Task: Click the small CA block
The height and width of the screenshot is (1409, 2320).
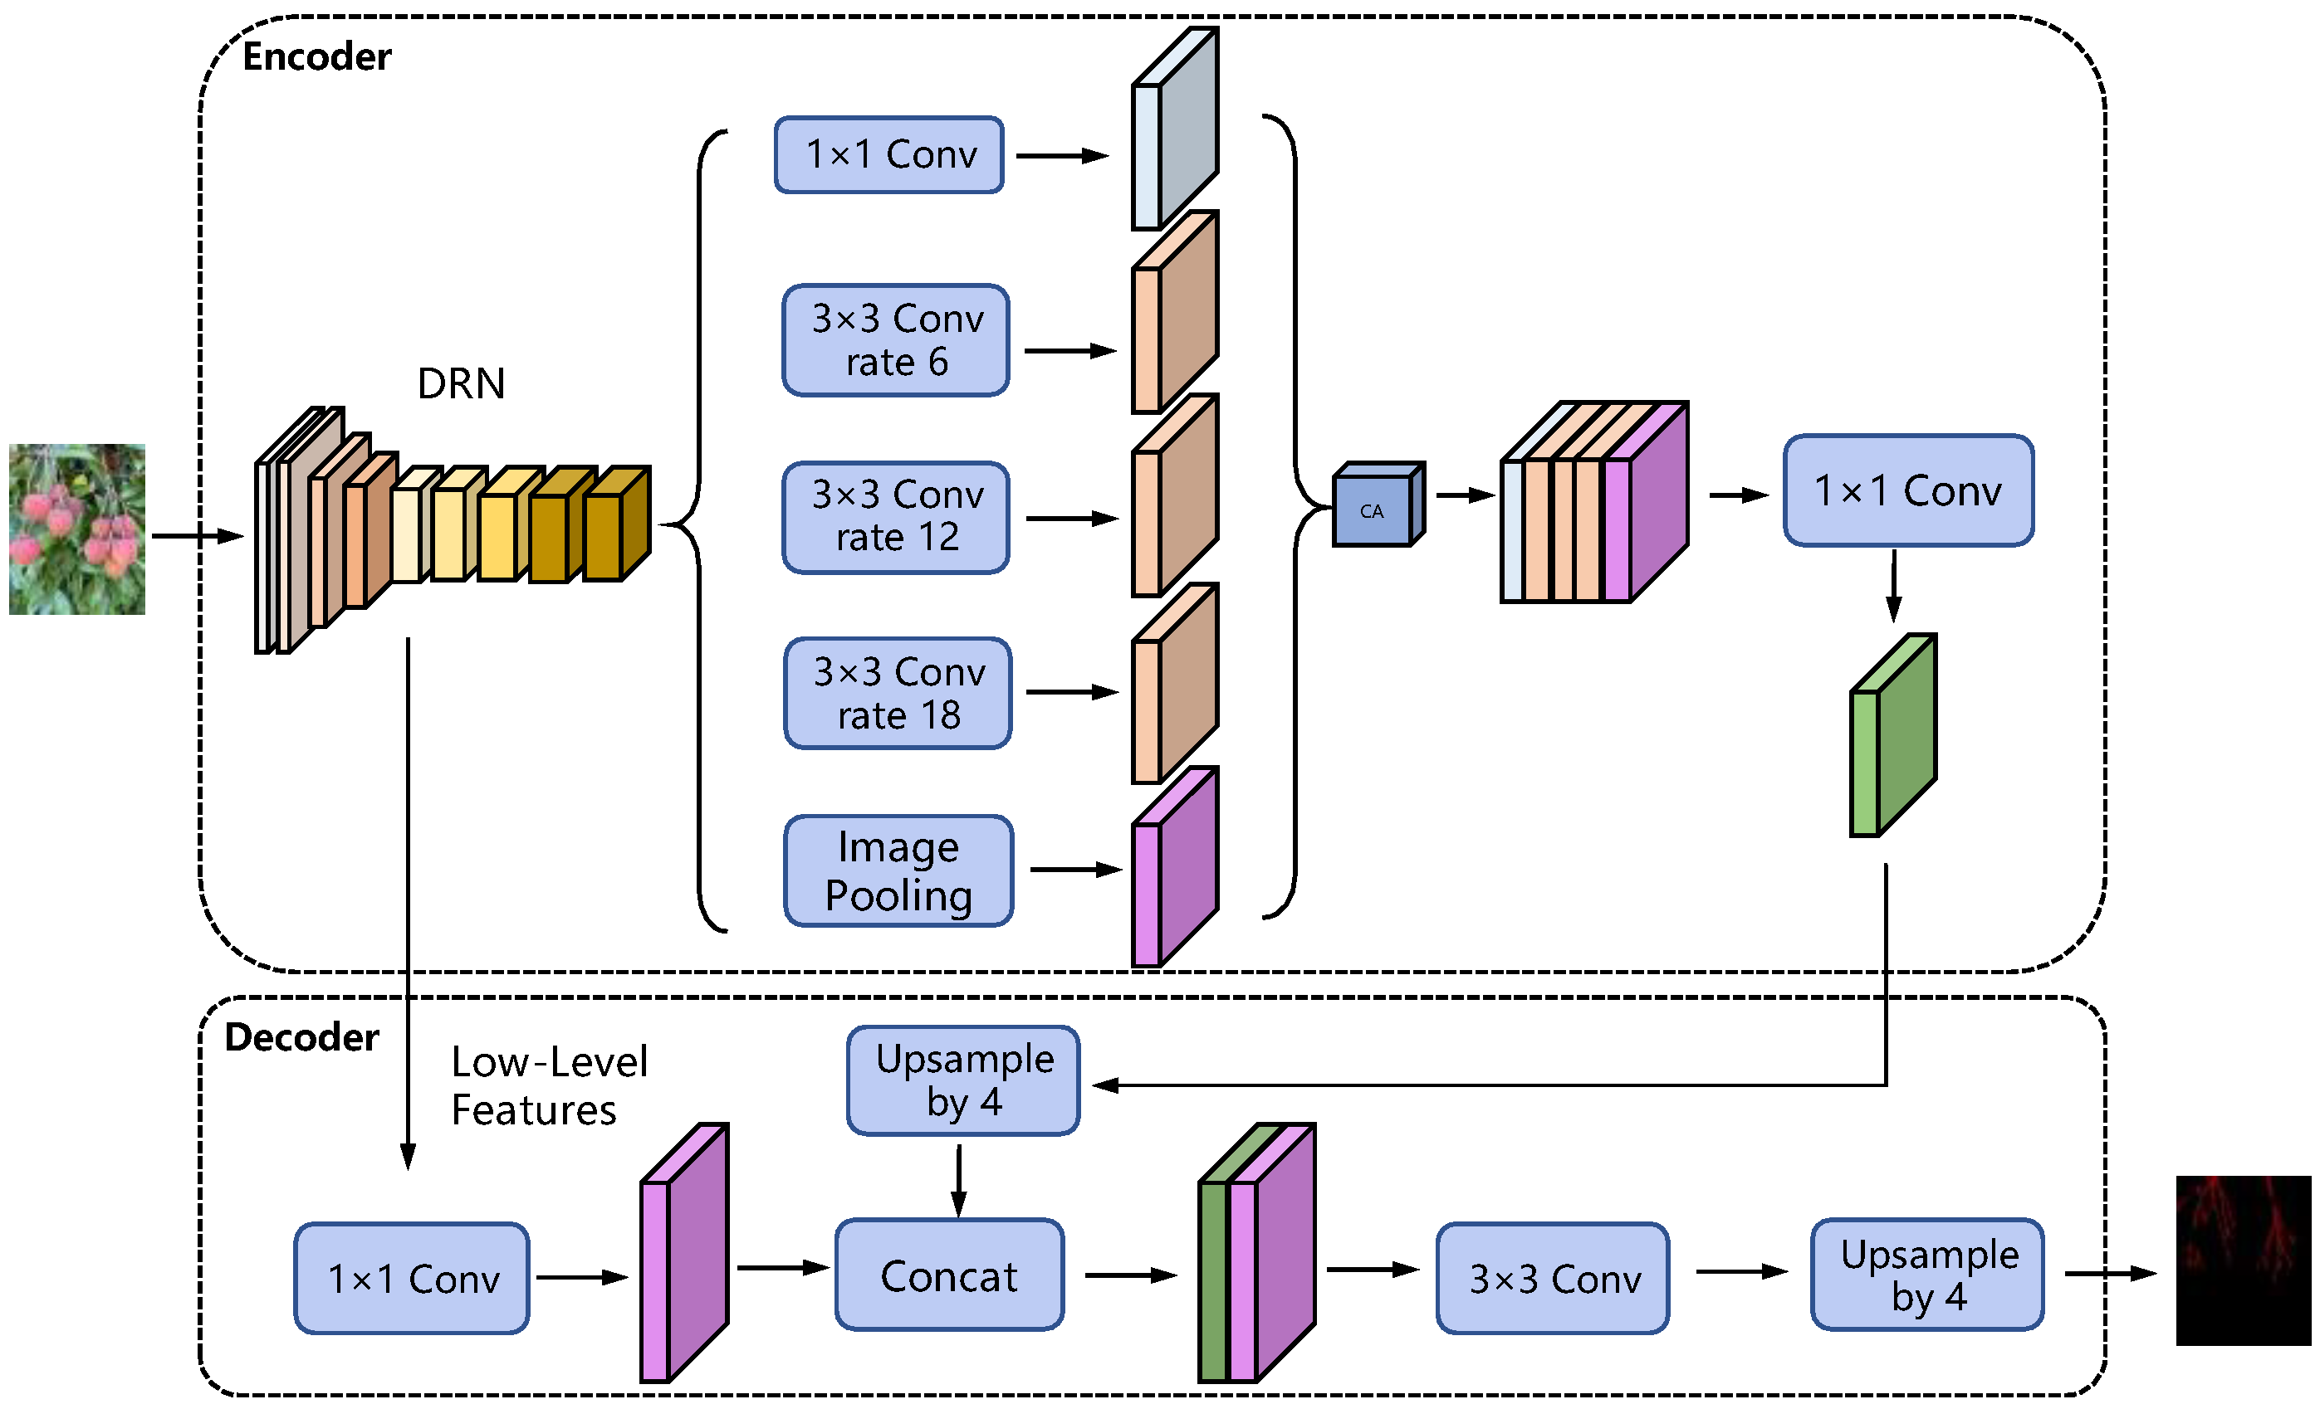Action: coord(1375,509)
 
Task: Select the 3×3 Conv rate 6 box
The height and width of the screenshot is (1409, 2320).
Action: coord(895,339)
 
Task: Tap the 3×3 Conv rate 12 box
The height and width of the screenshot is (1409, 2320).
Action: coord(895,517)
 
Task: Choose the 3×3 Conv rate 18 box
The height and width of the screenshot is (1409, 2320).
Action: coord(898,693)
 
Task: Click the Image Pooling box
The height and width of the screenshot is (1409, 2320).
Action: coord(898,870)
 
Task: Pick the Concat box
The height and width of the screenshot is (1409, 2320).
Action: coord(949,1275)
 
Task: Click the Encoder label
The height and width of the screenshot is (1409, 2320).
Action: coord(316,56)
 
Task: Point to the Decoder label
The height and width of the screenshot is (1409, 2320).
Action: coord(301,1037)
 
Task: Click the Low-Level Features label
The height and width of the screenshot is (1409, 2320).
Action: coord(548,1085)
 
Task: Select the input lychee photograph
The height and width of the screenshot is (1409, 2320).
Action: coord(77,529)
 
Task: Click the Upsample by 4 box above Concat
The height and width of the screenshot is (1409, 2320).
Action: coord(963,1080)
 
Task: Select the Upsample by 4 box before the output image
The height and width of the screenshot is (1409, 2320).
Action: coord(1927,1275)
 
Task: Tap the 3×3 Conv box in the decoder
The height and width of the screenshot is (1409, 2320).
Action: coord(1553,1278)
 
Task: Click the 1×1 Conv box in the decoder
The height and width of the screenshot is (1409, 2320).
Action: coord(412,1278)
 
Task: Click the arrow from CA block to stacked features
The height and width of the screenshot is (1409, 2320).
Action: coord(1465,495)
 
